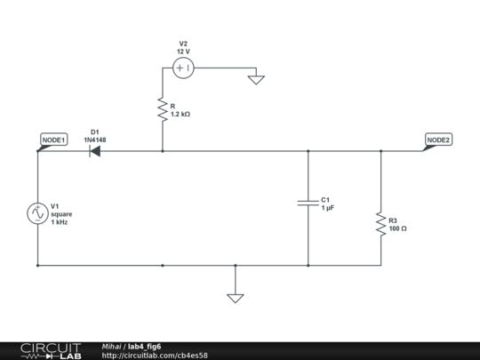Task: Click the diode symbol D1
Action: tap(94, 151)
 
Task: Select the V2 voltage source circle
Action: tap(183, 68)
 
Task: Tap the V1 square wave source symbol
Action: tap(38, 213)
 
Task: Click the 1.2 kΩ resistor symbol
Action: tap(163, 110)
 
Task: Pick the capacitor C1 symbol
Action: tap(308, 204)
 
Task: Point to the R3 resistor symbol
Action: tap(380, 224)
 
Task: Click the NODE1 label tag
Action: tap(54, 140)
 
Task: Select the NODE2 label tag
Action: tap(438, 140)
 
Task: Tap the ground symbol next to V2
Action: tap(256, 79)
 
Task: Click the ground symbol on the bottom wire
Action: tap(235, 297)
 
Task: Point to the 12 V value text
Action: tap(183, 52)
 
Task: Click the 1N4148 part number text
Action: tap(95, 140)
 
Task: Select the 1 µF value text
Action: tap(327, 208)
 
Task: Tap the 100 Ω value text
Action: tap(398, 228)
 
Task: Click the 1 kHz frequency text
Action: tap(60, 221)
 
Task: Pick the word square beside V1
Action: tap(61, 213)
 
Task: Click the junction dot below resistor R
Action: tap(163, 151)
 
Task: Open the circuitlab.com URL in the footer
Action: tap(155, 355)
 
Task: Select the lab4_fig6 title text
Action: tap(144, 346)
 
